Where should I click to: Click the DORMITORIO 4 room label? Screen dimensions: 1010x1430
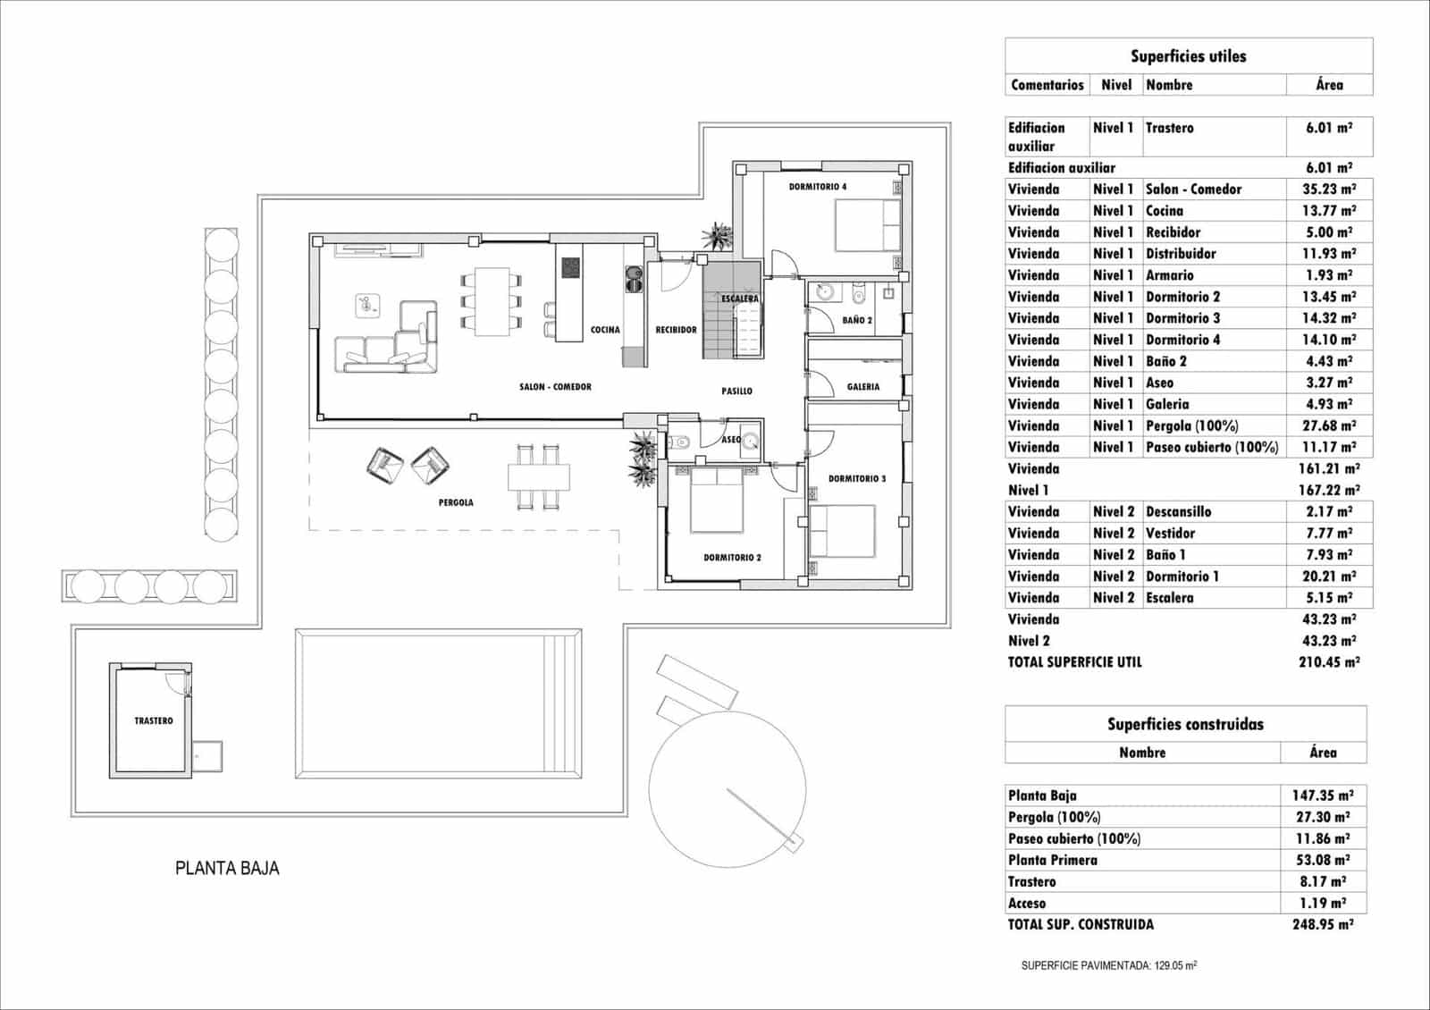[817, 187]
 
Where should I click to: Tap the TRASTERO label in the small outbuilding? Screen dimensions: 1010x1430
[154, 720]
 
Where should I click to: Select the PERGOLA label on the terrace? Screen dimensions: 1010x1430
[456, 502]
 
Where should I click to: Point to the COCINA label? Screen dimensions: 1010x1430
[605, 330]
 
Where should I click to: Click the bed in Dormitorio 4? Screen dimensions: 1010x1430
[868, 224]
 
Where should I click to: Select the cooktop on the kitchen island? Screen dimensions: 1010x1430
[570, 267]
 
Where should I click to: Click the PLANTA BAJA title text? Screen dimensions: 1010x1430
[227, 868]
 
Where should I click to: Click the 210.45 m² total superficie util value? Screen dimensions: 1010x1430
[1328, 662]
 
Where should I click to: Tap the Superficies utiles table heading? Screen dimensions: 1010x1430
[1188, 56]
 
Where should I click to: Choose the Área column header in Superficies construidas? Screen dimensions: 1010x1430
[1323, 753]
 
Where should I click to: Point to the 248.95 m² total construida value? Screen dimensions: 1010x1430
[1323, 924]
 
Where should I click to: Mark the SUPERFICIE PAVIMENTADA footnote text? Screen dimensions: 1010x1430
[1108, 965]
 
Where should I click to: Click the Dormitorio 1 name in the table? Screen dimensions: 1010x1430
[1182, 577]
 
